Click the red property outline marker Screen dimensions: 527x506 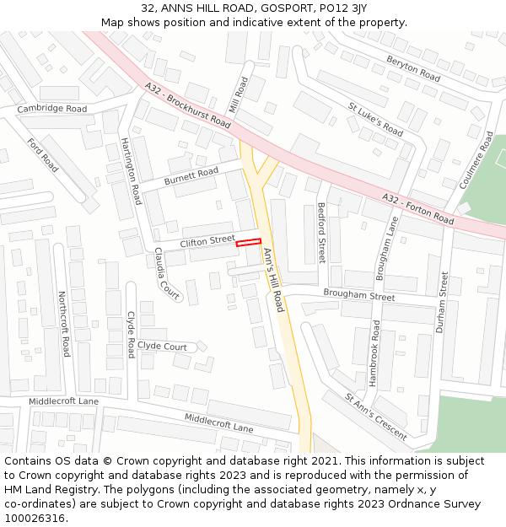(x=248, y=243)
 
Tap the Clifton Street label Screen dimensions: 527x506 (x=207, y=242)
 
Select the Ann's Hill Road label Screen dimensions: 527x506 (x=273, y=279)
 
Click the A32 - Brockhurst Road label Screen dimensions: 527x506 (x=187, y=105)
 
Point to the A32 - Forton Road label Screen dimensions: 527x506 (x=417, y=208)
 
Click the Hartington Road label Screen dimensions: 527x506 (x=131, y=171)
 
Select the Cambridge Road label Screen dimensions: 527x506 (x=52, y=109)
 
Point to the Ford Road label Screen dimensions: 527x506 (x=43, y=155)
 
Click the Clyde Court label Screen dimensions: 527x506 (x=162, y=347)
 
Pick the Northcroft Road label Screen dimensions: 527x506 (x=62, y=324)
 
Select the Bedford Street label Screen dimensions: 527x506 (x=321, y=233)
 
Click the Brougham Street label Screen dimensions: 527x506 (x=358, y=296)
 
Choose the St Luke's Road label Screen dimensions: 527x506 (x=375, y=119)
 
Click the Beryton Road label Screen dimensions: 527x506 (x=413, y=68)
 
